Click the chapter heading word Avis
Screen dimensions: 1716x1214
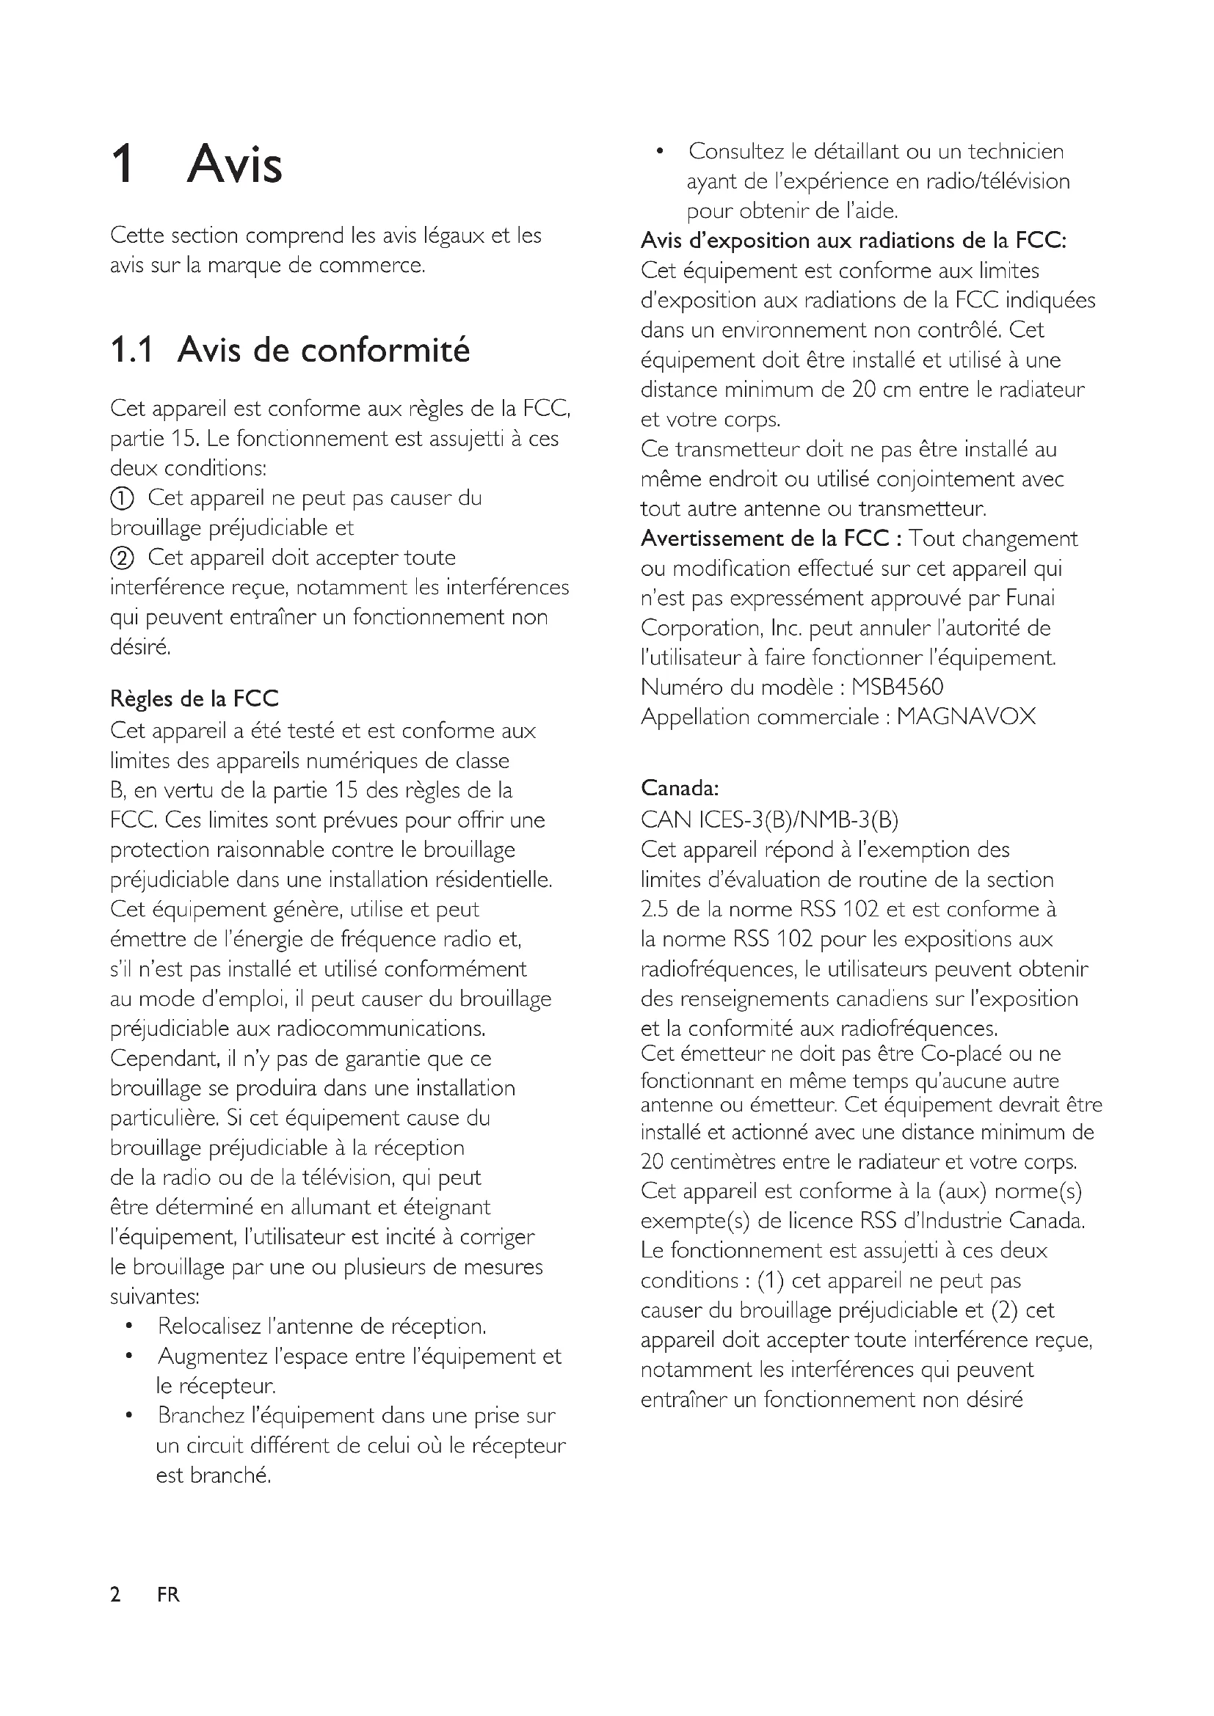[234, 164]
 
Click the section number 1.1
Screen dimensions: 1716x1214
[131, 350]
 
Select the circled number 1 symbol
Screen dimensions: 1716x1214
[122, 498]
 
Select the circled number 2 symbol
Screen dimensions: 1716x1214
[122, 558]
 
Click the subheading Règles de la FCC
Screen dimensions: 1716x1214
[194, 699]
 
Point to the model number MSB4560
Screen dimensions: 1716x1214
[897, 687]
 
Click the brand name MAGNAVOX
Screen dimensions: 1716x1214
[966, 717]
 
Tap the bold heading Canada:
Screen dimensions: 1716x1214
[680, 788]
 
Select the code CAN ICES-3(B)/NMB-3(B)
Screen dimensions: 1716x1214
[769, 820]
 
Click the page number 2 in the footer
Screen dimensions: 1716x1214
[115, 1595]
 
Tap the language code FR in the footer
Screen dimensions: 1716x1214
[168, 1595]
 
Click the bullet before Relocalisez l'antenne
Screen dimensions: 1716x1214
[129, 1326]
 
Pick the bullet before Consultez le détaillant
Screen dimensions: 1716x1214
[659, 152]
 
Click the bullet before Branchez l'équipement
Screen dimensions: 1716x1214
[129, 1415]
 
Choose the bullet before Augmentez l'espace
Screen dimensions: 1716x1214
[129, 1357]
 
